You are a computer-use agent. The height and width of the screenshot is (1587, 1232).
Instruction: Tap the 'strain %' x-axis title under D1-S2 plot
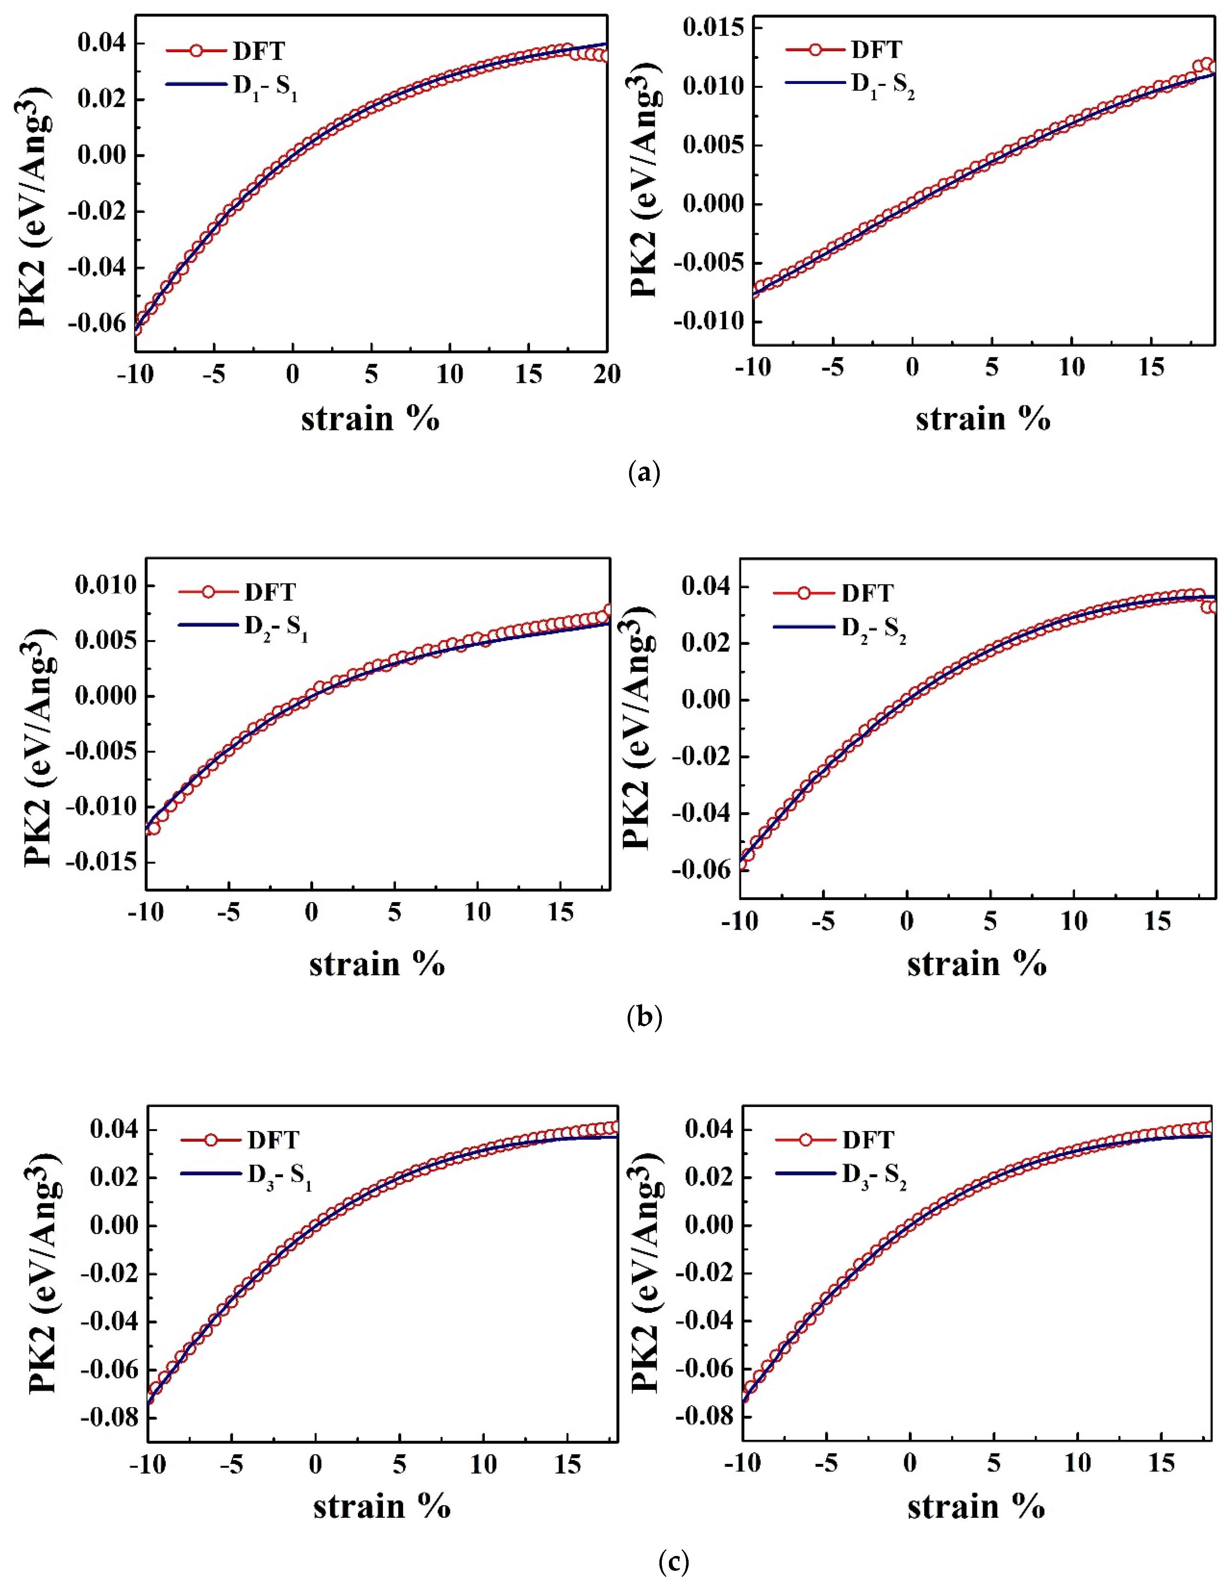point(983,419)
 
